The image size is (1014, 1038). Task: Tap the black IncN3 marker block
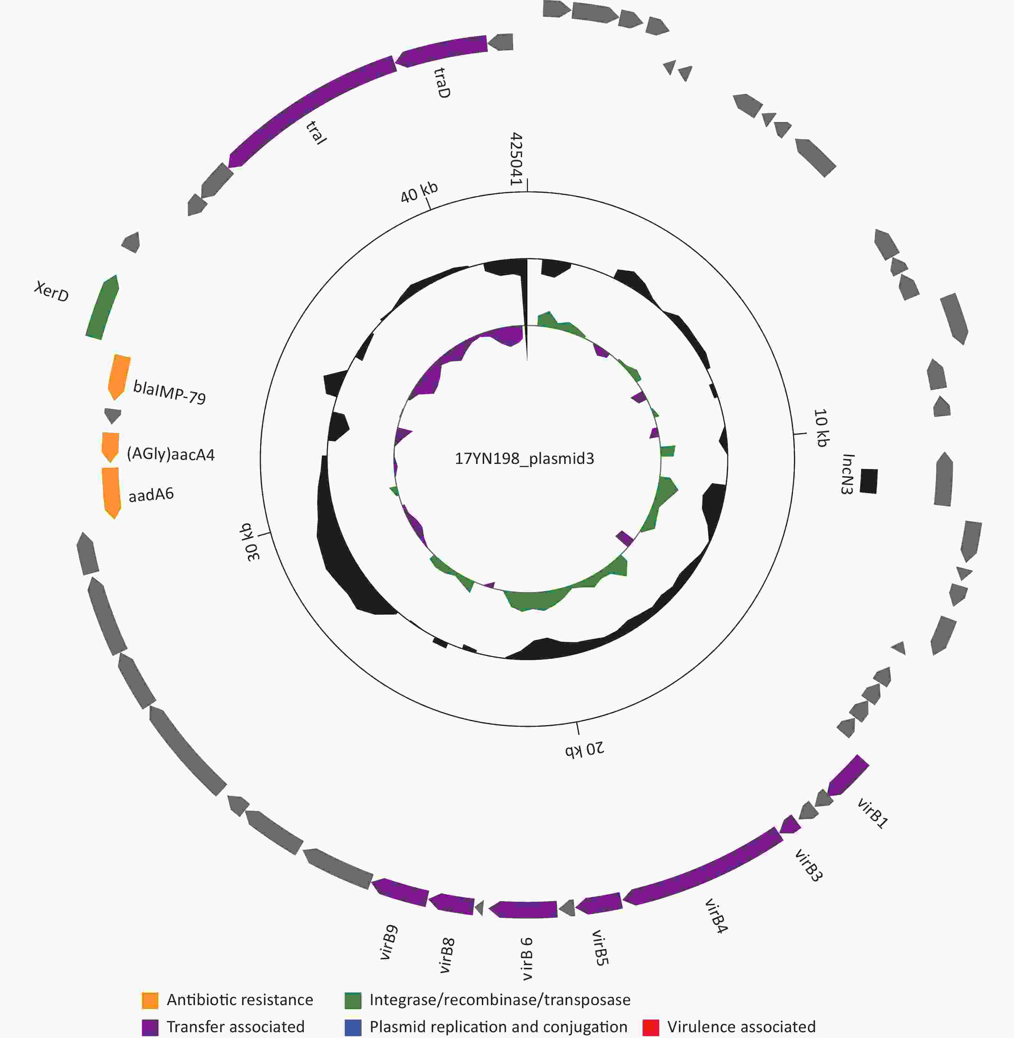pos(868,481)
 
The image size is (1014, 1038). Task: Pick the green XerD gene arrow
pos(102,307)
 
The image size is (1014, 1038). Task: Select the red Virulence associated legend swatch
pos(651,1027)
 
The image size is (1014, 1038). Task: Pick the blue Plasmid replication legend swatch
pos(353,1027)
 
